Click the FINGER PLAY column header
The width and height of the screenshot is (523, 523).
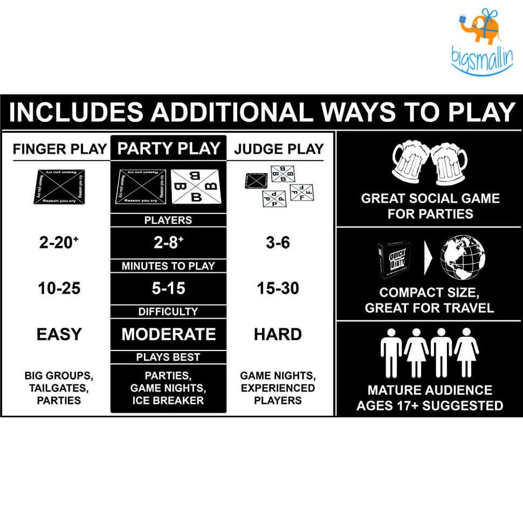[x=60, y=149]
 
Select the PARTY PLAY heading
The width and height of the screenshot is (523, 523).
[x=169, y=148]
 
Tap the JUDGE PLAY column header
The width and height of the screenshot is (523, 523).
[x=279, y=149]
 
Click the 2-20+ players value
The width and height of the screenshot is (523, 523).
[x=59, y=243]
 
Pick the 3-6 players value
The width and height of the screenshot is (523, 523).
[x=278, y=243]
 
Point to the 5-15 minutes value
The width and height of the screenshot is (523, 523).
[x=168, y=288]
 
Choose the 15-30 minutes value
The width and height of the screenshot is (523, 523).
[x=278, y=288]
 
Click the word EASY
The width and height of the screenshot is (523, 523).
[x=59, y=334]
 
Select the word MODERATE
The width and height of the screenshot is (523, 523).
[x=168, y=334]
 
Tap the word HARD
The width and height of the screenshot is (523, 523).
[x=278, y=334]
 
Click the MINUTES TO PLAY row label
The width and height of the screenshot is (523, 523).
[x=168, y=266]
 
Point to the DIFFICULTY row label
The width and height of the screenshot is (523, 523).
[x=168, y=312]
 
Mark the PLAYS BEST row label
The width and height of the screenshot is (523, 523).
[x=168, y=357]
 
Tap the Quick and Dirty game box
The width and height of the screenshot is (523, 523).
[x=397, y=259]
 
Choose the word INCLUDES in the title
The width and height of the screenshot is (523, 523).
[x=76, y=112]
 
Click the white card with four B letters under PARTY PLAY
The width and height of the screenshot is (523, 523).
[x=196, y=187]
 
